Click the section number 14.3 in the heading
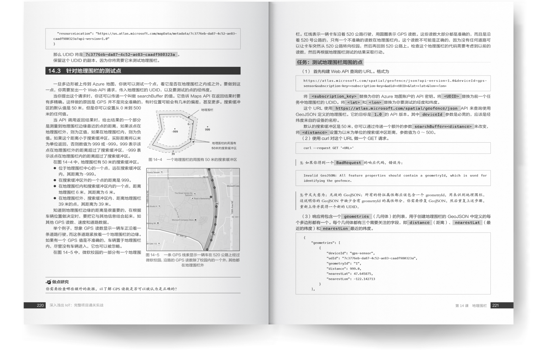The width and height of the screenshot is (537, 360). pyautogui.click(x=54, y=71)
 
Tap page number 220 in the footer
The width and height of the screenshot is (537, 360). pyautogui.click(x=40, y=305)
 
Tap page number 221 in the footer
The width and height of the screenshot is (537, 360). pyautogui.click(x=495, y=305)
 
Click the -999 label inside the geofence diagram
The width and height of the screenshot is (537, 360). pyautogui.click(x=175, y=132)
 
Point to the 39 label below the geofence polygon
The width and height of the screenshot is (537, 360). pyautogui.click(x=173, y=154)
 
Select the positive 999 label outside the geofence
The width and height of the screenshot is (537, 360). pyautogui.click(x=208, y=130)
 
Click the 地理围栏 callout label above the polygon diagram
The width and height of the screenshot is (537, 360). pyautogui.click(x=207, y=110)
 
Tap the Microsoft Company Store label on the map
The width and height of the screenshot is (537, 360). pyautogui.click(x=183, y=220)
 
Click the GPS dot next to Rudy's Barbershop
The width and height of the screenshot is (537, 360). pyautogui.click(x=211, y=197)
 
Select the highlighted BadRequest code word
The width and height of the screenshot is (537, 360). pyautogui.click(x=348, y=163)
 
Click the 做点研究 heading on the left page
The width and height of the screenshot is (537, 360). pyautogui.click(x=60, y=282)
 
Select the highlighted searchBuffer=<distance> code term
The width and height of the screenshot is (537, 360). pyautogui.click(x=443, y=126)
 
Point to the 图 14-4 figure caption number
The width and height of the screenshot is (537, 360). pyautogui.click(x=155, y=160)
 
